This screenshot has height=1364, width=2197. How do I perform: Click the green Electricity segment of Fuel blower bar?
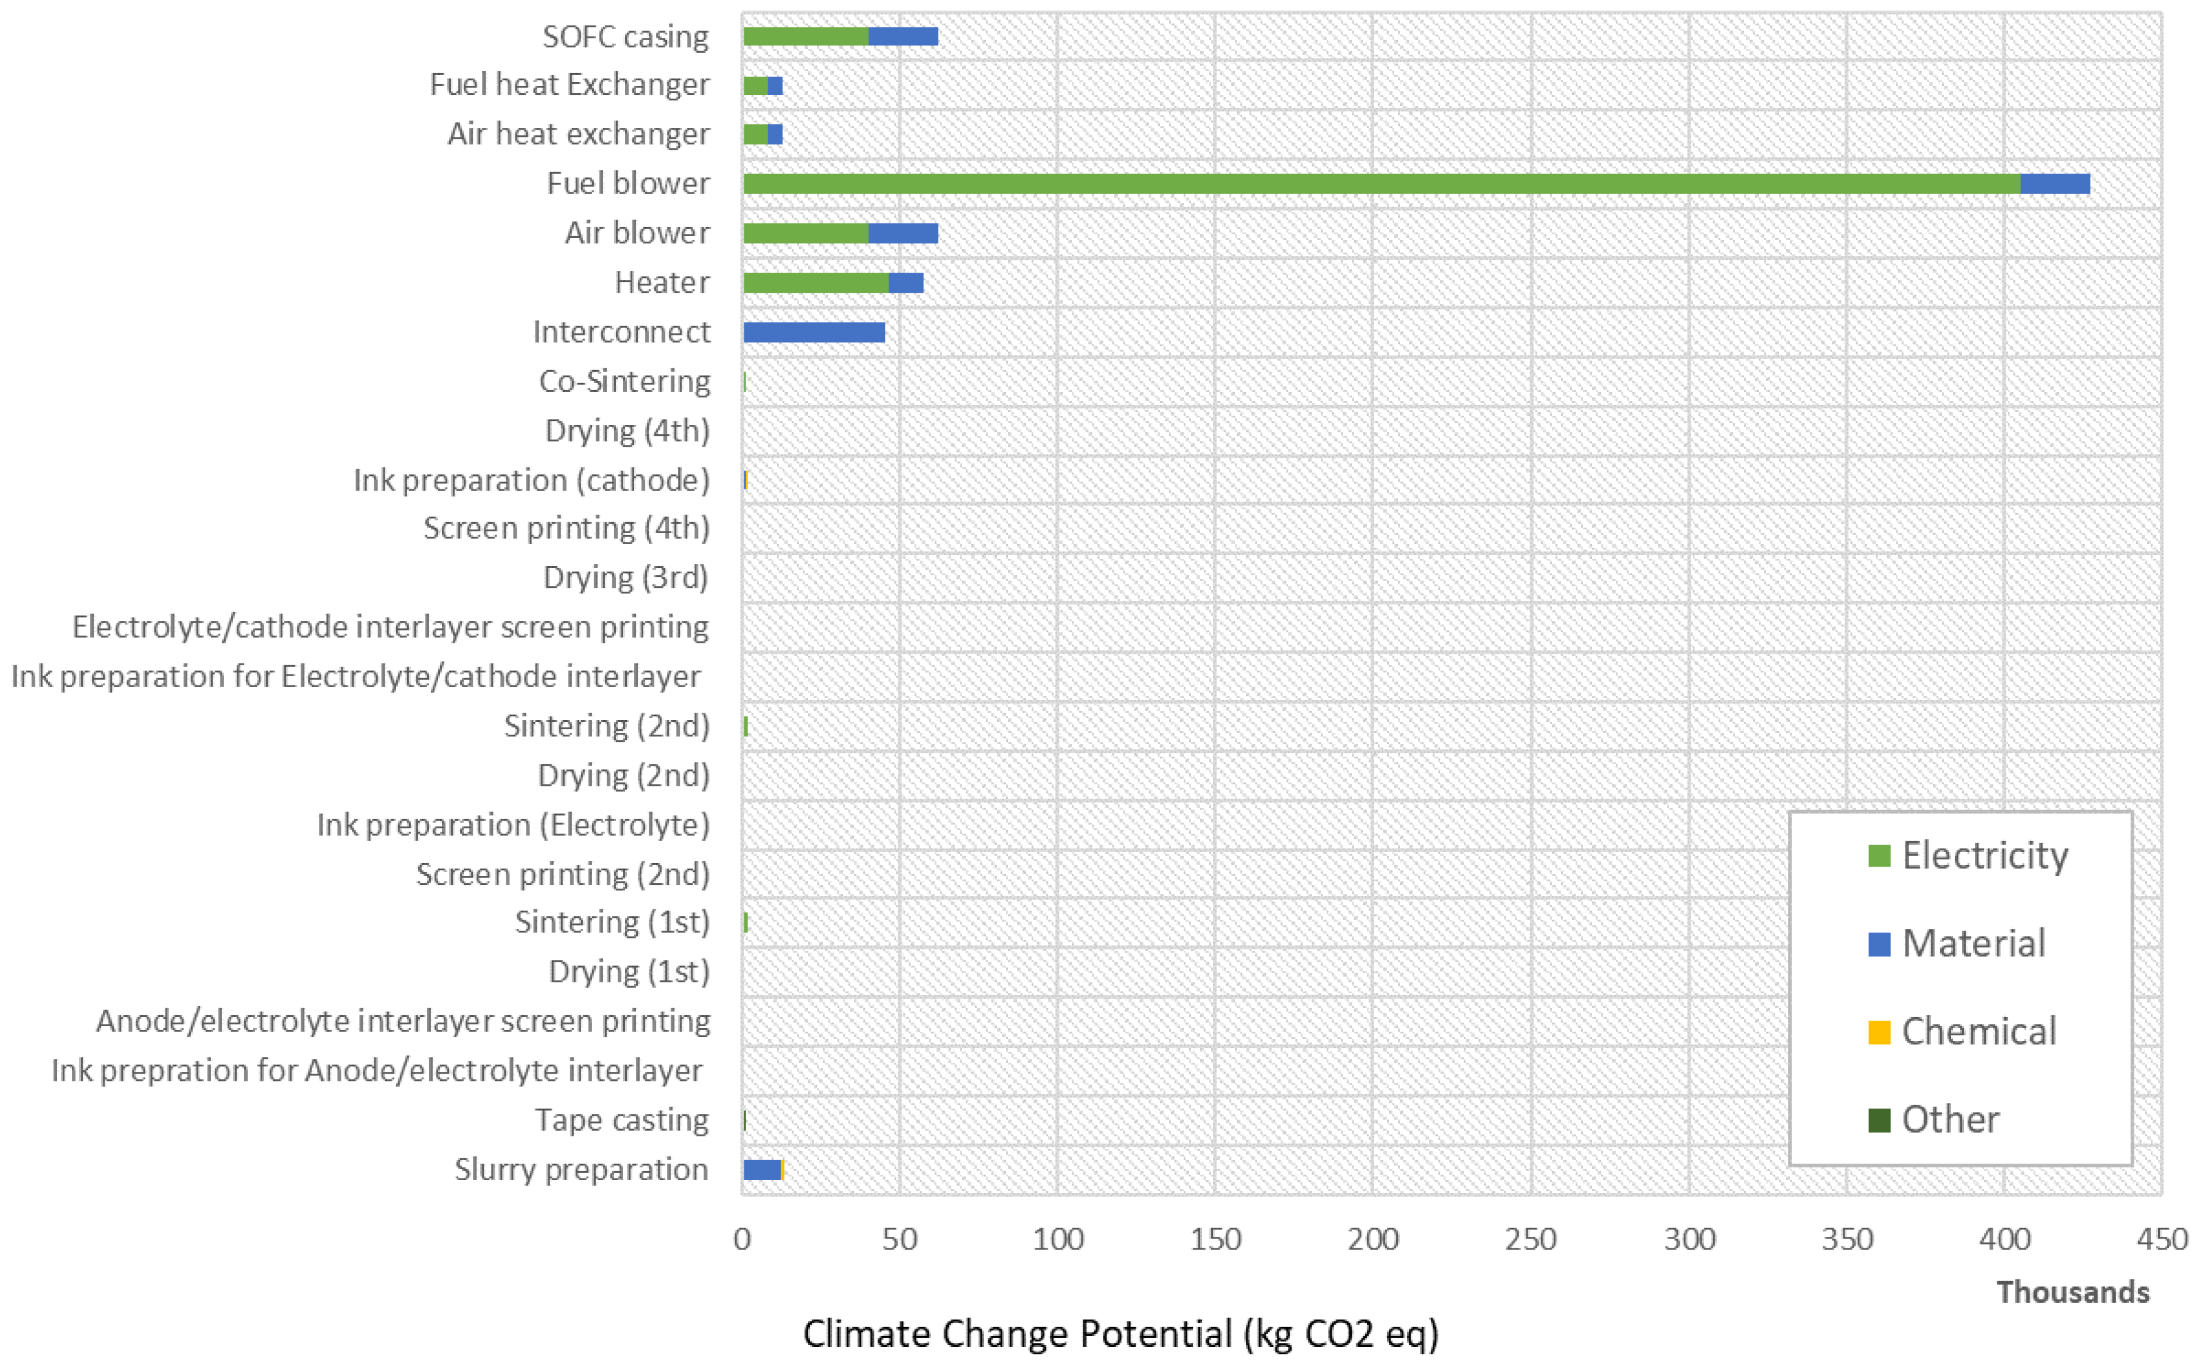[x=1380, y=184]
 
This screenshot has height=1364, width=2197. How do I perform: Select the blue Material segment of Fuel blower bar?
[x=2055, y=184]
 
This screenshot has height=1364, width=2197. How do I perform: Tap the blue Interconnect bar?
[x=814, y=332]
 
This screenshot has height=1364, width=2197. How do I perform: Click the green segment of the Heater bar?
[x=816, y=283]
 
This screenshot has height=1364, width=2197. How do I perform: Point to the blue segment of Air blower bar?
[x=903, y=234]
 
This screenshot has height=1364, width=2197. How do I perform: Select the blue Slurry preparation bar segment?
[x=762, y=1170]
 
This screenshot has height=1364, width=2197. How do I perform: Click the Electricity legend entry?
[x=1984, y=855]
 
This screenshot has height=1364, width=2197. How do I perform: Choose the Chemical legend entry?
[x=1978, y=1031]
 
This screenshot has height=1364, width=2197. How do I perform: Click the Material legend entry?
[x=1972, y=943]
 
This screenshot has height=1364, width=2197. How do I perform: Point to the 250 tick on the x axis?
[x=1531, y=1239]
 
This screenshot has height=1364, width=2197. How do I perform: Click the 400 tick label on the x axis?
[x=2004, y=1239]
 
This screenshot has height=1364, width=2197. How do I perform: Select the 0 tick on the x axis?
[x=742, y=1239]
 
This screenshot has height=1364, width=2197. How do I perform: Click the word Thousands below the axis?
[x=2072, y=1292]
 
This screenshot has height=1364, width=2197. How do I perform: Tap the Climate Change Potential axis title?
[x=1120, y=1334]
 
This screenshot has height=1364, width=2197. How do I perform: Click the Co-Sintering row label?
[x=624, y=382]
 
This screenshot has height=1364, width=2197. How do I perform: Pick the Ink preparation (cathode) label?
[x=531, y=480]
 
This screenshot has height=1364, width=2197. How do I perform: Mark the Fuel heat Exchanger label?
[x=569, y=85]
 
